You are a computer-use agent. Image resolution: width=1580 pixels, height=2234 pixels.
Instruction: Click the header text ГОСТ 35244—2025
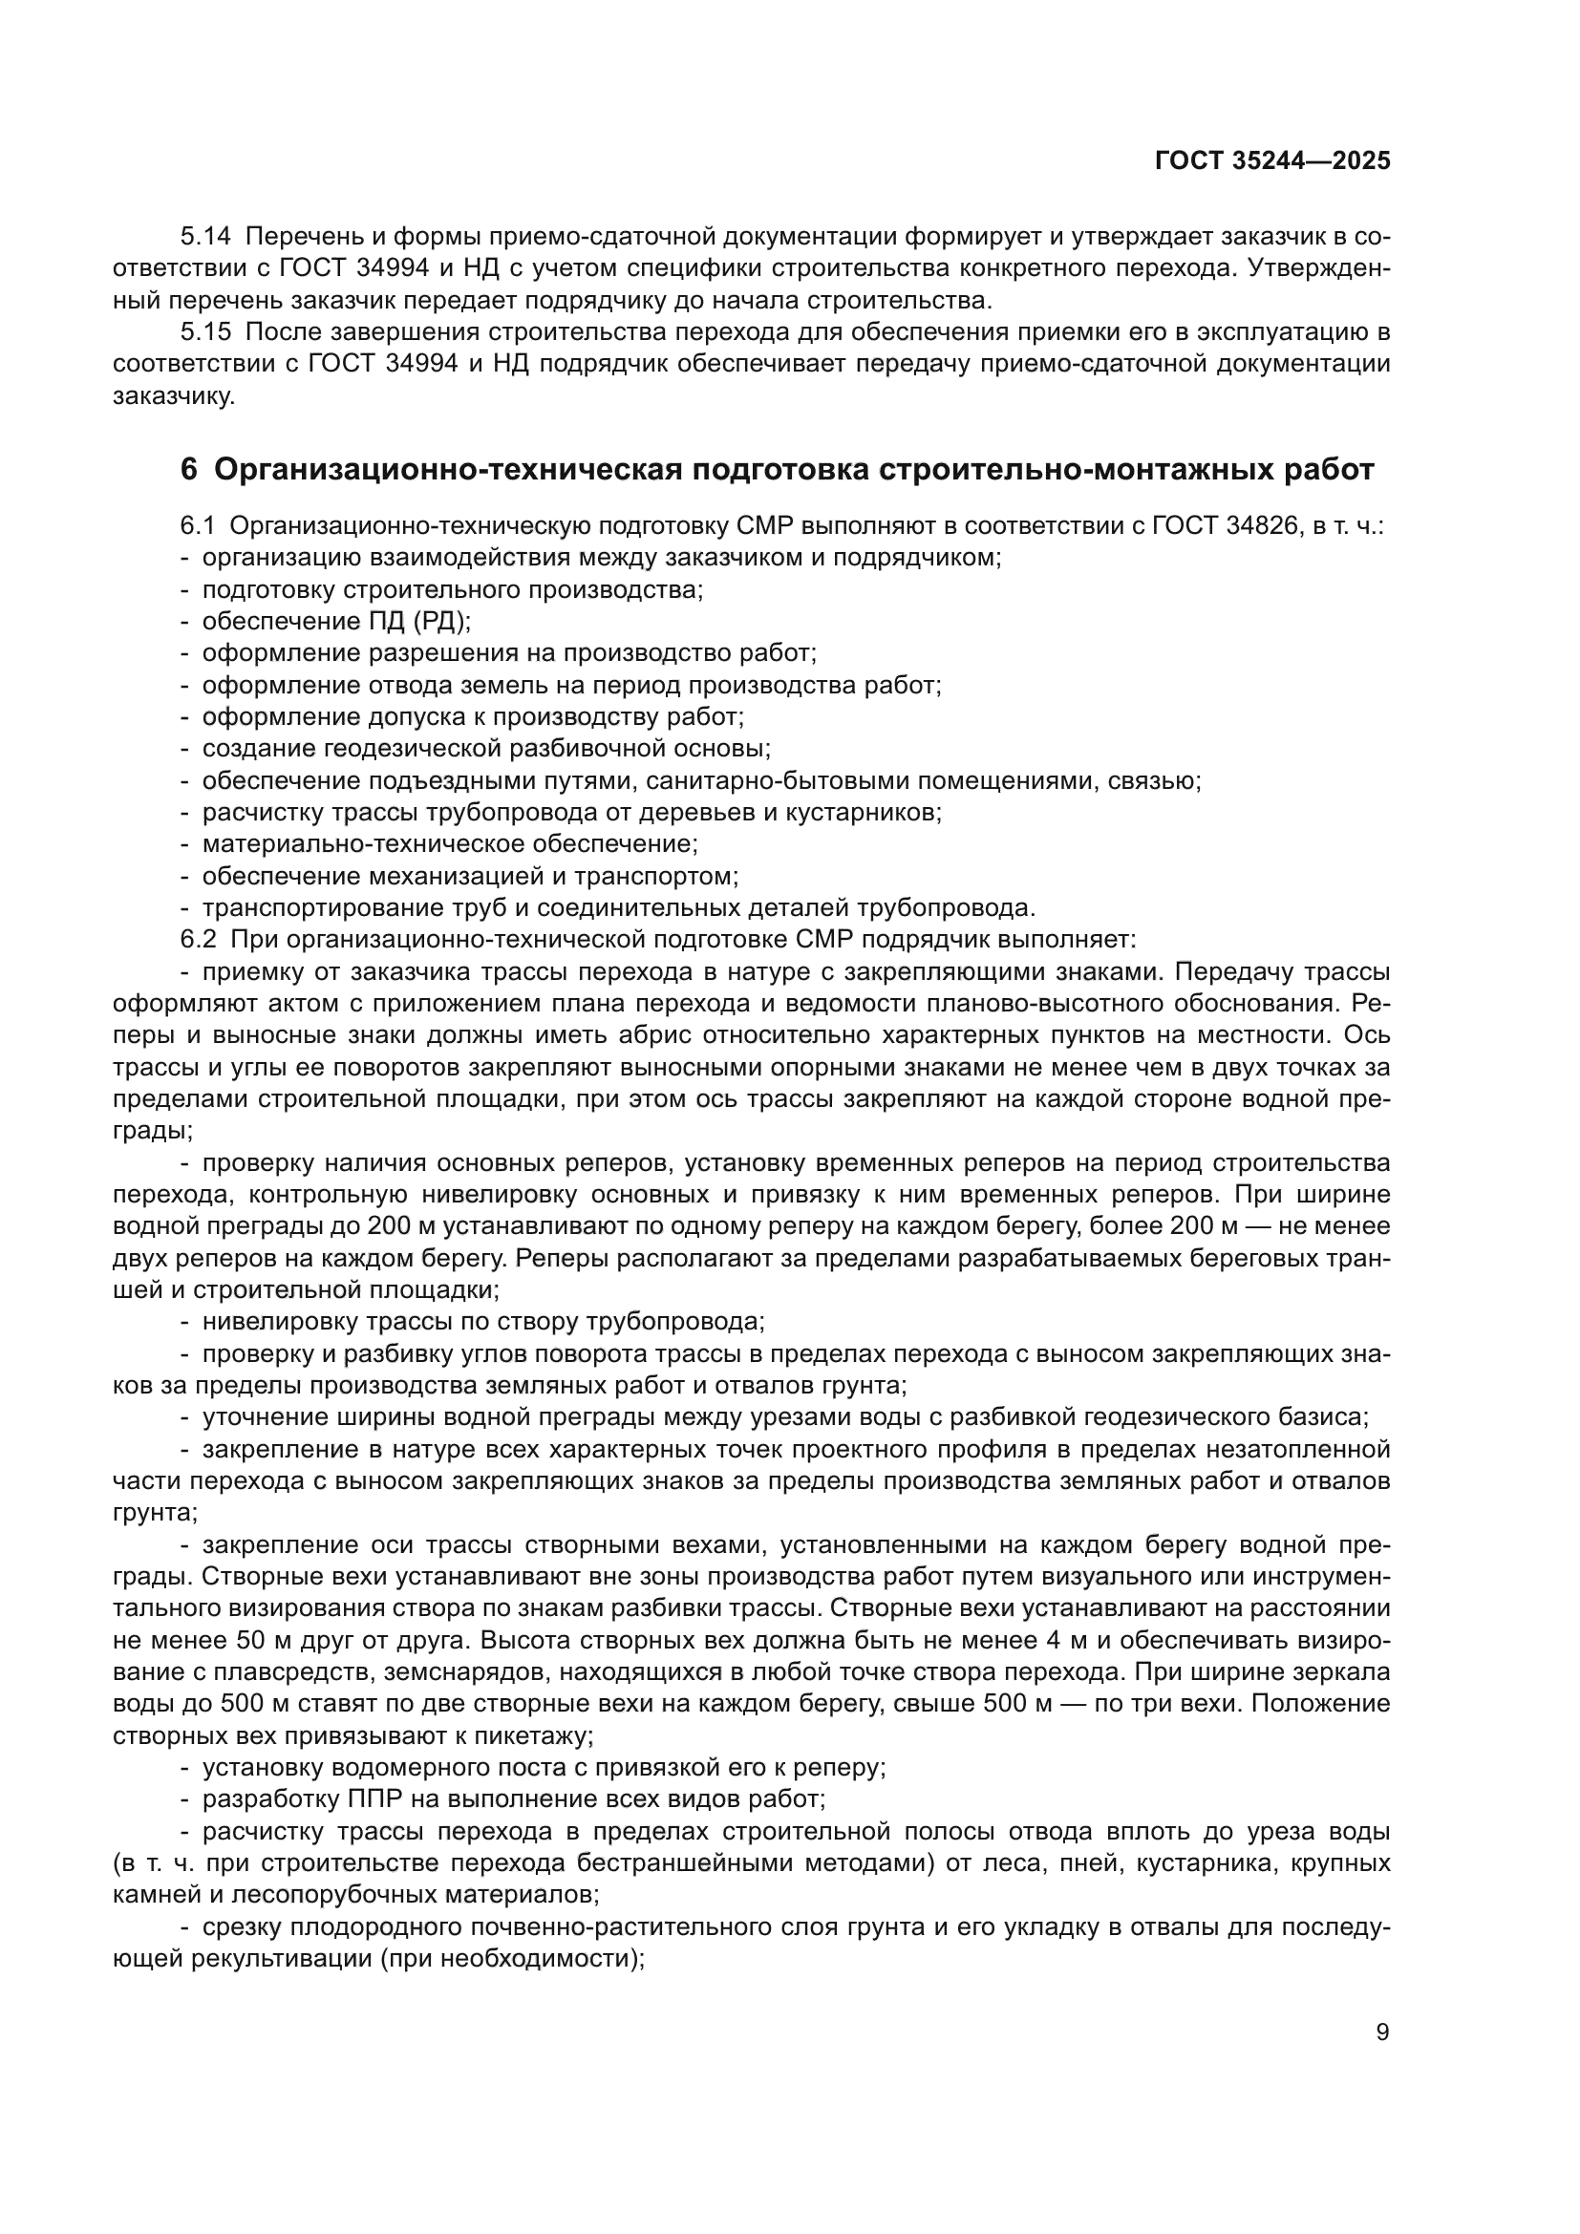[1271, 160]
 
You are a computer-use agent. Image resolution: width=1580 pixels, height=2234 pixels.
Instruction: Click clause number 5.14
[205, 237]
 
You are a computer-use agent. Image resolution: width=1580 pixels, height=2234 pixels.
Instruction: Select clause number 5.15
[205, 332]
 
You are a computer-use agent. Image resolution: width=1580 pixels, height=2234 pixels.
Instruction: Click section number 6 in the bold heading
[189, 470]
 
